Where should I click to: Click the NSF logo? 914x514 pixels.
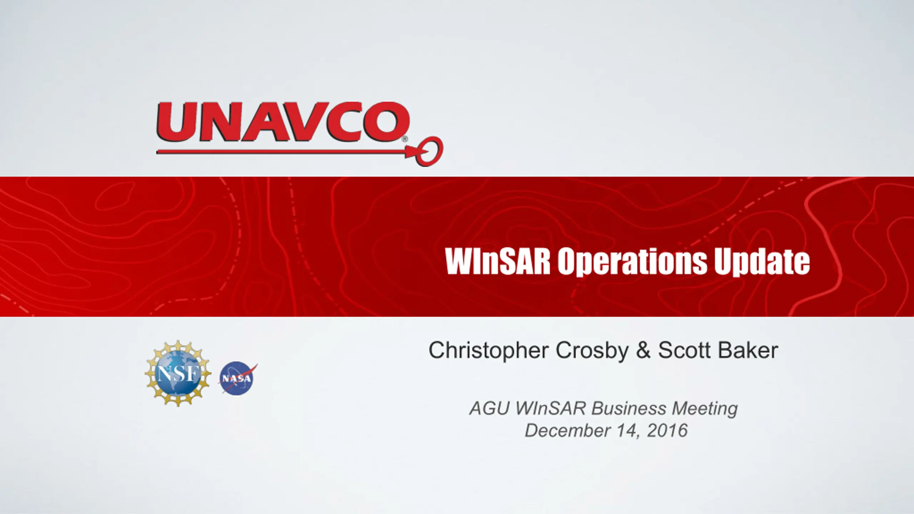(x=177, y=373)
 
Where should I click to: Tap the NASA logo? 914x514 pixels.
(x=237, y=378)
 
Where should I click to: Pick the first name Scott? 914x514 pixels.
(x=684, y=351)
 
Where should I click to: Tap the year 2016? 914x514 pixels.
(x=667, y=430)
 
